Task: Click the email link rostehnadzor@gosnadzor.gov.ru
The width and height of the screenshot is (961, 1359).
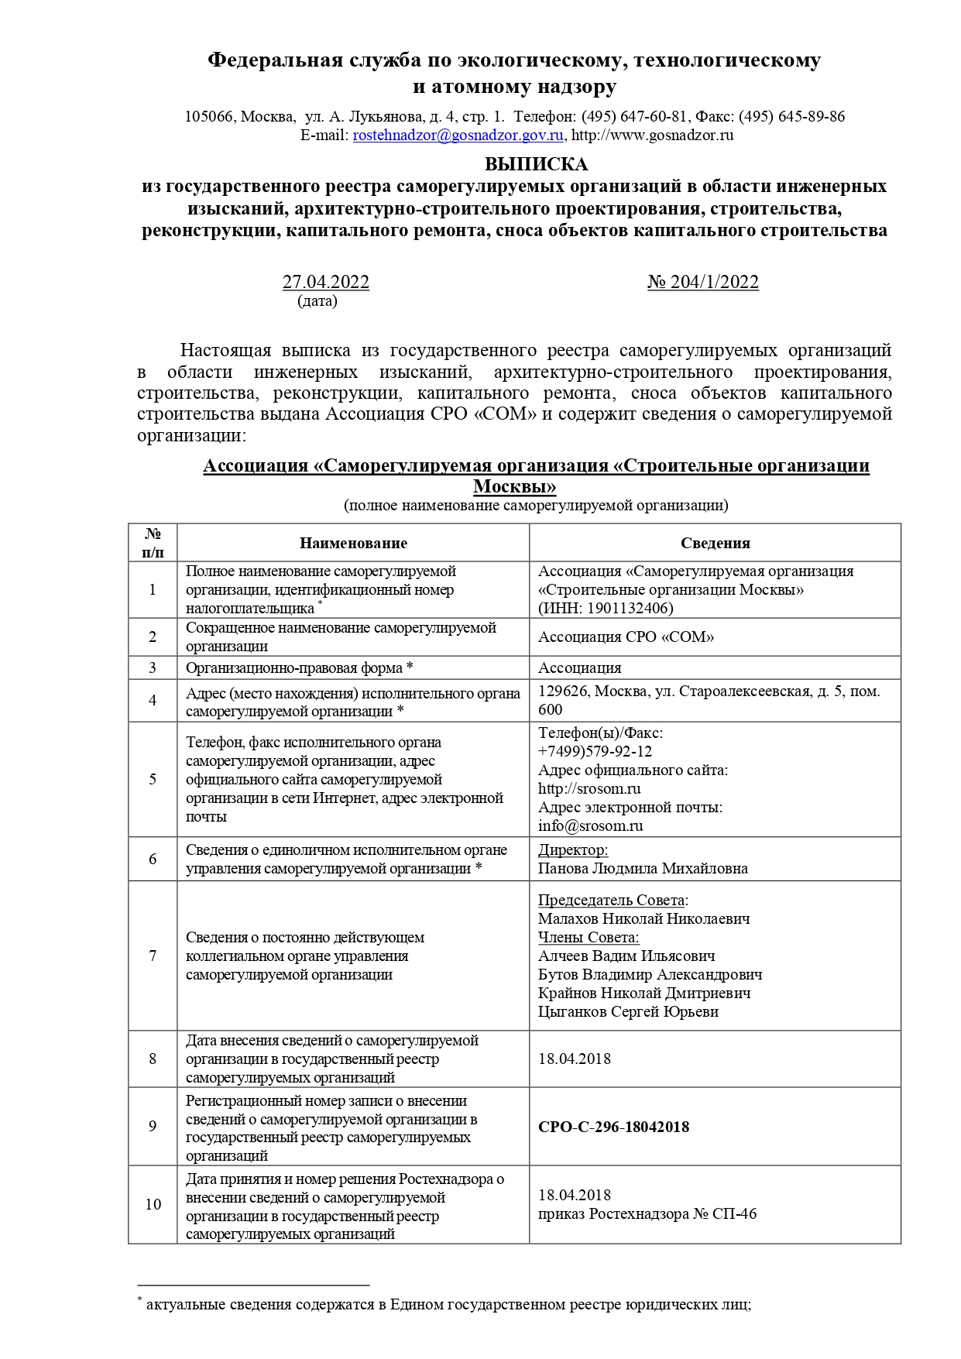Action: pyautogui.click(x=458, y=136)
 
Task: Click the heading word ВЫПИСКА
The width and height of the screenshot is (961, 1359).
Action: pyautogui.click(x=536, y=165)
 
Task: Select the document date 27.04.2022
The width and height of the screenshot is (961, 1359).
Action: pyautogui.click(x=325, y=283)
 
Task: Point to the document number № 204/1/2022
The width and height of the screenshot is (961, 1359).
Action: pyautogui.click(x=703, y=283)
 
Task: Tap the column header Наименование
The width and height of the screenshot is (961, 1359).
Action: pyautogui.click(x=353, y=544)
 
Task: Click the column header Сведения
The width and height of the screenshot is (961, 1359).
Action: pyautogui.click(x=715, y=544)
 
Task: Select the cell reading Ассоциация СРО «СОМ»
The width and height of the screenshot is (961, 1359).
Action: pyautogui.click(x=626, y=637)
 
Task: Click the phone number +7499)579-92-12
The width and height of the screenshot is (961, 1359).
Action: pyautogui.click(x=595, y=752)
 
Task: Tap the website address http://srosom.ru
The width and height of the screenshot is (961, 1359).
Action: pyautogui.click(x=589, y=789)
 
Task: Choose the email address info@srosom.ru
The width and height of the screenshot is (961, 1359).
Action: pyautogui.click(x=590, y=826)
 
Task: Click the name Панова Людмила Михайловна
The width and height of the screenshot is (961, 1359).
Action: pyautogui.click(x=643, y=869)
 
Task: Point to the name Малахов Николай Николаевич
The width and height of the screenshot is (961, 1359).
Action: pyautogui.click(x=644, y=919)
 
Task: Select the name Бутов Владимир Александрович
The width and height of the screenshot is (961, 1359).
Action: pyautogui.click(x=650, y=975)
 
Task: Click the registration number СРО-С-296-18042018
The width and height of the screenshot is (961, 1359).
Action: pyautogui.click(x=613, y=1127)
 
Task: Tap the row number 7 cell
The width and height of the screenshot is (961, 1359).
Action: pyautogui.click(x=153, y=956)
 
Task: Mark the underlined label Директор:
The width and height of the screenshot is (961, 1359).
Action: pyautogui.click(x=572, y=850)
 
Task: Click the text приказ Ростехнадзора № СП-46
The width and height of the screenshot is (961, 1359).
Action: pyautogui.click(x=647, y=1214)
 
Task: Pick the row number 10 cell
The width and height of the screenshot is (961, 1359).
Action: pyautogui.click(x=153, y=1205)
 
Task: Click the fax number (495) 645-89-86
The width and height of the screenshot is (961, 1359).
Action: pyautogui.click(x=791, y=117)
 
